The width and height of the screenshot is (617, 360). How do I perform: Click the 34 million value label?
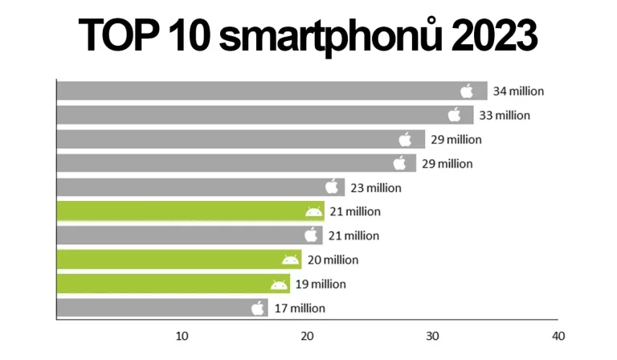click(518, 91)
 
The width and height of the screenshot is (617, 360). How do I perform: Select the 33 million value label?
click(505, 115)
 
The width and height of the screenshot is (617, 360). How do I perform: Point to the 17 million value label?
click(298, 308)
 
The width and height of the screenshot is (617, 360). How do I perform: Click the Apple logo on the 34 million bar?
click(468, 91)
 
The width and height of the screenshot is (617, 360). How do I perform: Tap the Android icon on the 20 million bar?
click(290, 260)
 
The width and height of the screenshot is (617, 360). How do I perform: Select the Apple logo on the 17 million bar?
click(258, 308)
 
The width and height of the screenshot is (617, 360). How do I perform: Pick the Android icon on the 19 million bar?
click(279, 284)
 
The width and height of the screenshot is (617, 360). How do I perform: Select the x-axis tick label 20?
click(307, 335)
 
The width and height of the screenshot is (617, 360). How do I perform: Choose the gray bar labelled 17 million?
click(153, 308)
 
